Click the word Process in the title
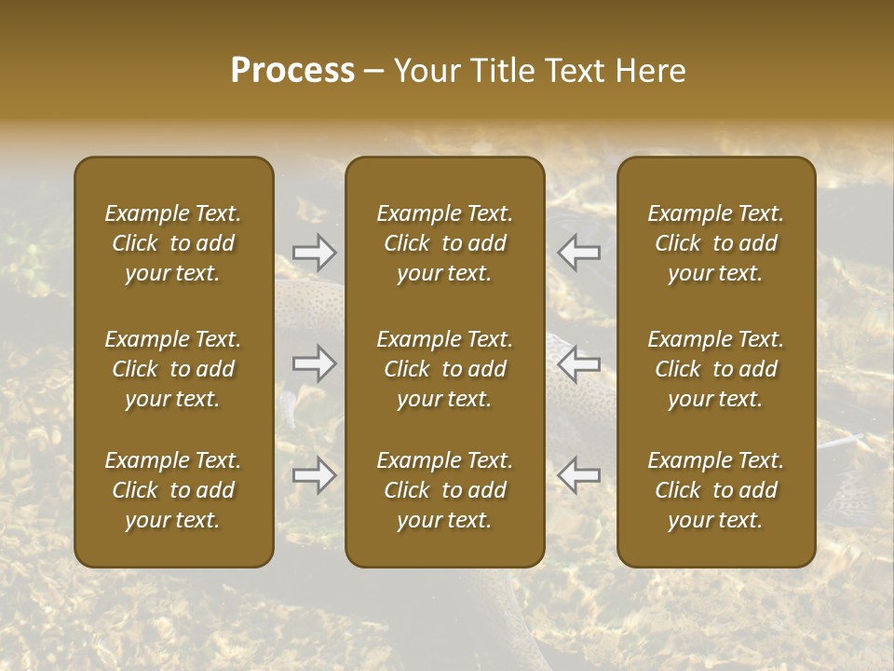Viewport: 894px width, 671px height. coord(292,71)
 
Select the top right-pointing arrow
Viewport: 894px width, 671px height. coord(315,252)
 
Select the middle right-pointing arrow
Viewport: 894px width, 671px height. coord(315,363)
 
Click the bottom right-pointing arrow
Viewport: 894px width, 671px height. coord(315,474)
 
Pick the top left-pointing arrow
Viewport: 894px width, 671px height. coord(579,252)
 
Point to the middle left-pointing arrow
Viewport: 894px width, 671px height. coord(579,363)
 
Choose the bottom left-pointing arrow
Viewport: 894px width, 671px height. coord(579,474)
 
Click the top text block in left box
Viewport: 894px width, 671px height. coord(173,243)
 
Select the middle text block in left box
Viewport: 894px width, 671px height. coord(173,369)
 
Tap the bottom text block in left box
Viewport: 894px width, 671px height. coord(173,490)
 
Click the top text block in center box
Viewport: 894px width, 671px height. coord(445,243)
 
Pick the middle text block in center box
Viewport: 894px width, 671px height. coord(445,369)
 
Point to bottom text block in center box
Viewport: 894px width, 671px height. coord(445,490)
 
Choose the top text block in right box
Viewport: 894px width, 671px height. coord(716,243)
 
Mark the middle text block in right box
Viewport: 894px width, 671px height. coord(716,369)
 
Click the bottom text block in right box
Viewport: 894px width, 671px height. coord(716,490)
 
